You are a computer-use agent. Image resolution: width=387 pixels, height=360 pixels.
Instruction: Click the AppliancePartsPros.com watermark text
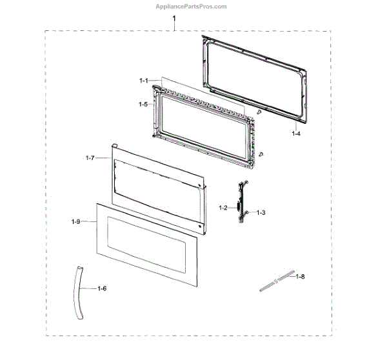(193, 6)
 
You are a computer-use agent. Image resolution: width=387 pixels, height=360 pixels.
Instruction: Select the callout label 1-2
(223, 208)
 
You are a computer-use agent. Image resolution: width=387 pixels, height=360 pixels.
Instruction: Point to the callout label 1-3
(261, 212)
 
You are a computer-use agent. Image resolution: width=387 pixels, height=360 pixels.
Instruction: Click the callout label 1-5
(143, 103)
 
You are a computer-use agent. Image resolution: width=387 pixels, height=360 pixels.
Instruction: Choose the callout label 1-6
(103, 288)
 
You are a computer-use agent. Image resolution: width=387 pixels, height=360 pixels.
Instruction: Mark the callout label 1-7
(90, 157)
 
